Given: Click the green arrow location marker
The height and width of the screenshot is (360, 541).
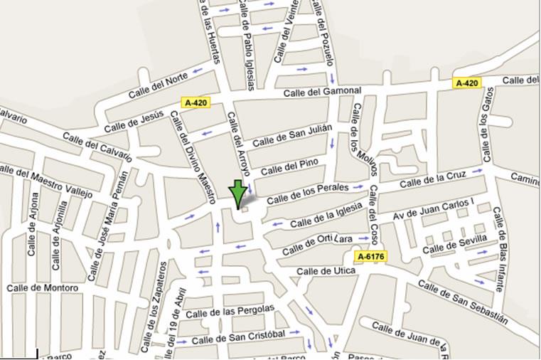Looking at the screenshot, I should tap(237, 193).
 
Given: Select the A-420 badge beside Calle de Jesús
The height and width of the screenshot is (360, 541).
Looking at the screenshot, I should tap(196, 102).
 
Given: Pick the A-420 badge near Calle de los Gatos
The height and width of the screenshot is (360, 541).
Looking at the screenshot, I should tap(466, 83).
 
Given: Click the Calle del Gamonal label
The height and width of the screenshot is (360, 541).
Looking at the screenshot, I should tap(322, 91).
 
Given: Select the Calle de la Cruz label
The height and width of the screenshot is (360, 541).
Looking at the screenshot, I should tap(432, 180).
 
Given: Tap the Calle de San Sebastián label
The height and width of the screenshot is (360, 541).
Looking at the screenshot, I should tap(462, 300).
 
